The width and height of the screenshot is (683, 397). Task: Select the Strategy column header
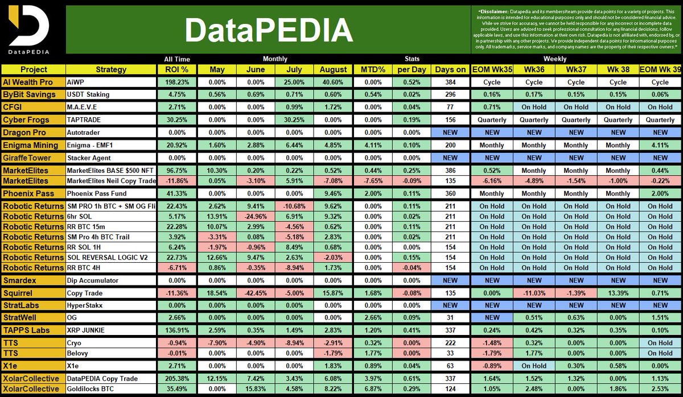[x=110, y=69]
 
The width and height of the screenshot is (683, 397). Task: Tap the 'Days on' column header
[x=450, y=69]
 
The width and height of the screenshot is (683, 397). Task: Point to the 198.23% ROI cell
[x=176, y=82]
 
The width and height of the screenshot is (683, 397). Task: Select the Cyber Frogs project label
[x=26, y=119]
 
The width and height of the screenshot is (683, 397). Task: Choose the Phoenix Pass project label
[x=28, y=194]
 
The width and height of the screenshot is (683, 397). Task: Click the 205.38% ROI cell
[x=176, y=378]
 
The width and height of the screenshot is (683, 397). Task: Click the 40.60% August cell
[x=333, y=82]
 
